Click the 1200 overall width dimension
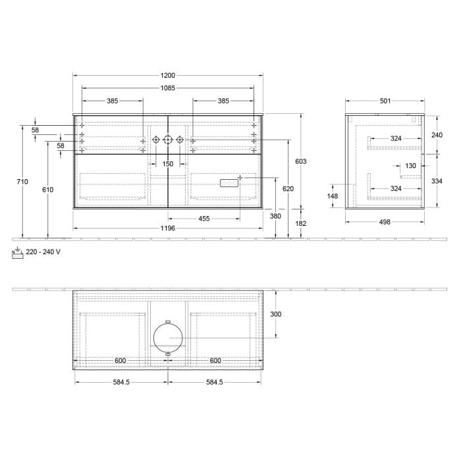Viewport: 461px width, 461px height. click(x=168, y=76)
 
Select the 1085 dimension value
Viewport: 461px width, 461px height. click(x=168, y=88)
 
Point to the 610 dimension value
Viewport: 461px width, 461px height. click(x=47, y=190)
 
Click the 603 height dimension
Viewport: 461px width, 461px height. click(x=300, y=161)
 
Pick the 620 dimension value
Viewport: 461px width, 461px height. click(x=288, y=189)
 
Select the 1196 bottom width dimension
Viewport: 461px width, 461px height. click(x=168, y=228)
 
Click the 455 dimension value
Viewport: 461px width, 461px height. click(x=204, y=219)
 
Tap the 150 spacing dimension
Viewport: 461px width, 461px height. click(x=168, y=163)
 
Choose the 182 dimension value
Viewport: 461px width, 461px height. click(x=300, y=224)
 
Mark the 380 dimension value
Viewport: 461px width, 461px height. click(x=275, y=216)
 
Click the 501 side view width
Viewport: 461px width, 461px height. click(x=385, y=101)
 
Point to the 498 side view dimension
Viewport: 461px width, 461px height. click(x=385, y=222)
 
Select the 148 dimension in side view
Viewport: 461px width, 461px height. click(x=332, y=196)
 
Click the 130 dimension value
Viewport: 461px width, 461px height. click(x=411, y=166)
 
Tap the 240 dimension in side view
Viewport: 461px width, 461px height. click(x=437, y=134)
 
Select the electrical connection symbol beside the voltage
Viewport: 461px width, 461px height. click(x=18, y=252)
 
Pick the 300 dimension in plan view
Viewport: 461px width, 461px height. click(x=275, y=314)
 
